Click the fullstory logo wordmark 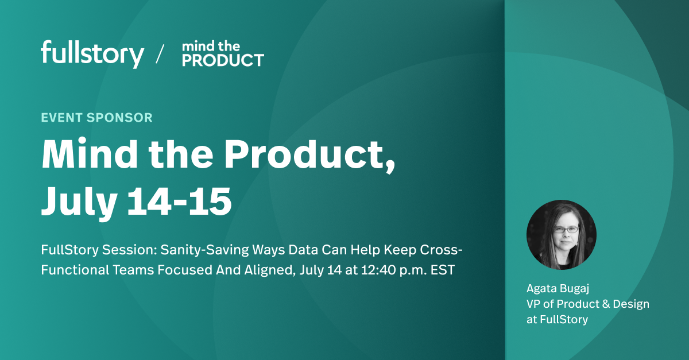click(92, 55)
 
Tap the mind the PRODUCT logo click(223, 54)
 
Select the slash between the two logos click(160, 54)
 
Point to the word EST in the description click(443, 270)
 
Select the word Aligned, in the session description click(270, 270)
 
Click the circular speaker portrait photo click(561, 235)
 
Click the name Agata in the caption click(541, 288)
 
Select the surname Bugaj click(576, 288)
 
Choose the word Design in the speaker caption click(631, 304)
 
